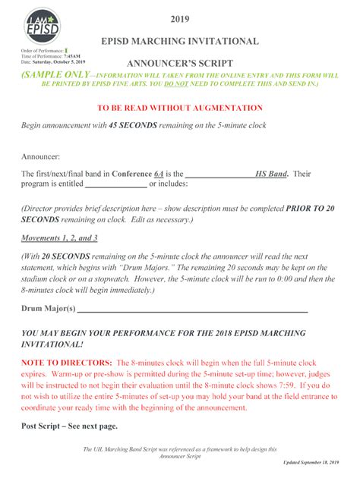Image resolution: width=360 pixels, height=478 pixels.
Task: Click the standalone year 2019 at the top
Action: click(x=180, y=18)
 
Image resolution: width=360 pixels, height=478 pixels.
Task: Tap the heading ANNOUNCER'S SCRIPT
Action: click(x=180, y=63)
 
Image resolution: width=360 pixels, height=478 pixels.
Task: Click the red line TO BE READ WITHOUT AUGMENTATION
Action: click(x=179, y=108)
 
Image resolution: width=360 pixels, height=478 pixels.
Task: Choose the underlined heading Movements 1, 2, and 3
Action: click(x=59, y=237)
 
